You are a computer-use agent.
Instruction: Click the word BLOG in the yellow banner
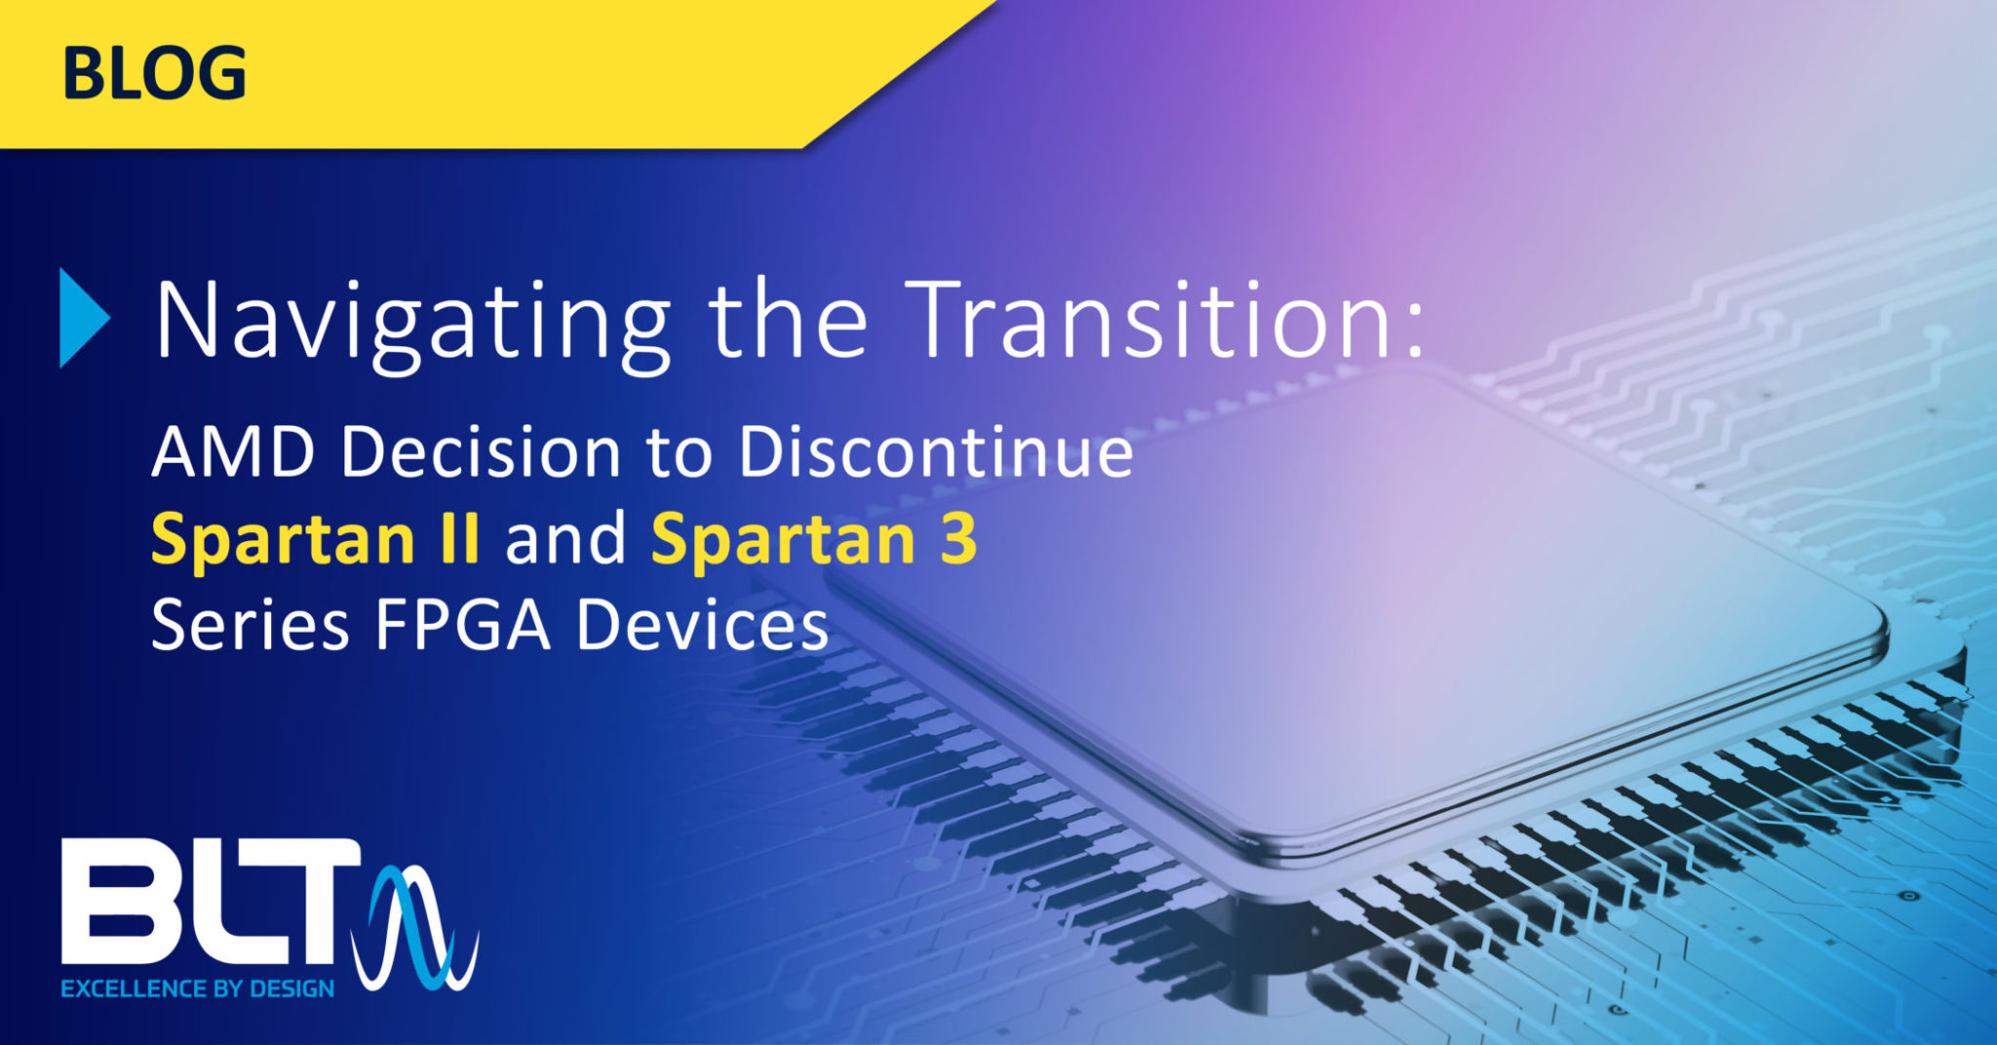tap(154, 74)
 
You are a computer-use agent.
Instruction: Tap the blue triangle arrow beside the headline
tap(83, 318)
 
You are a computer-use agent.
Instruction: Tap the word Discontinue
tap(936, 453)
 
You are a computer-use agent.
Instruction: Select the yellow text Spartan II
tap(315, 540)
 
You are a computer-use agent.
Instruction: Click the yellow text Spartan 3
tap(814, 540)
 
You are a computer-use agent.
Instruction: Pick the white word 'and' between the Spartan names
tap(566, 539)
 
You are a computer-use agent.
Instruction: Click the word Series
tap(251, 625)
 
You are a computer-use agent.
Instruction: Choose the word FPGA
tap(462, 625)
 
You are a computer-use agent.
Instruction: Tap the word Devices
tap(702, 625)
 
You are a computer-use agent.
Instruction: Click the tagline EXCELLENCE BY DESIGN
tap(198, 988)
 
